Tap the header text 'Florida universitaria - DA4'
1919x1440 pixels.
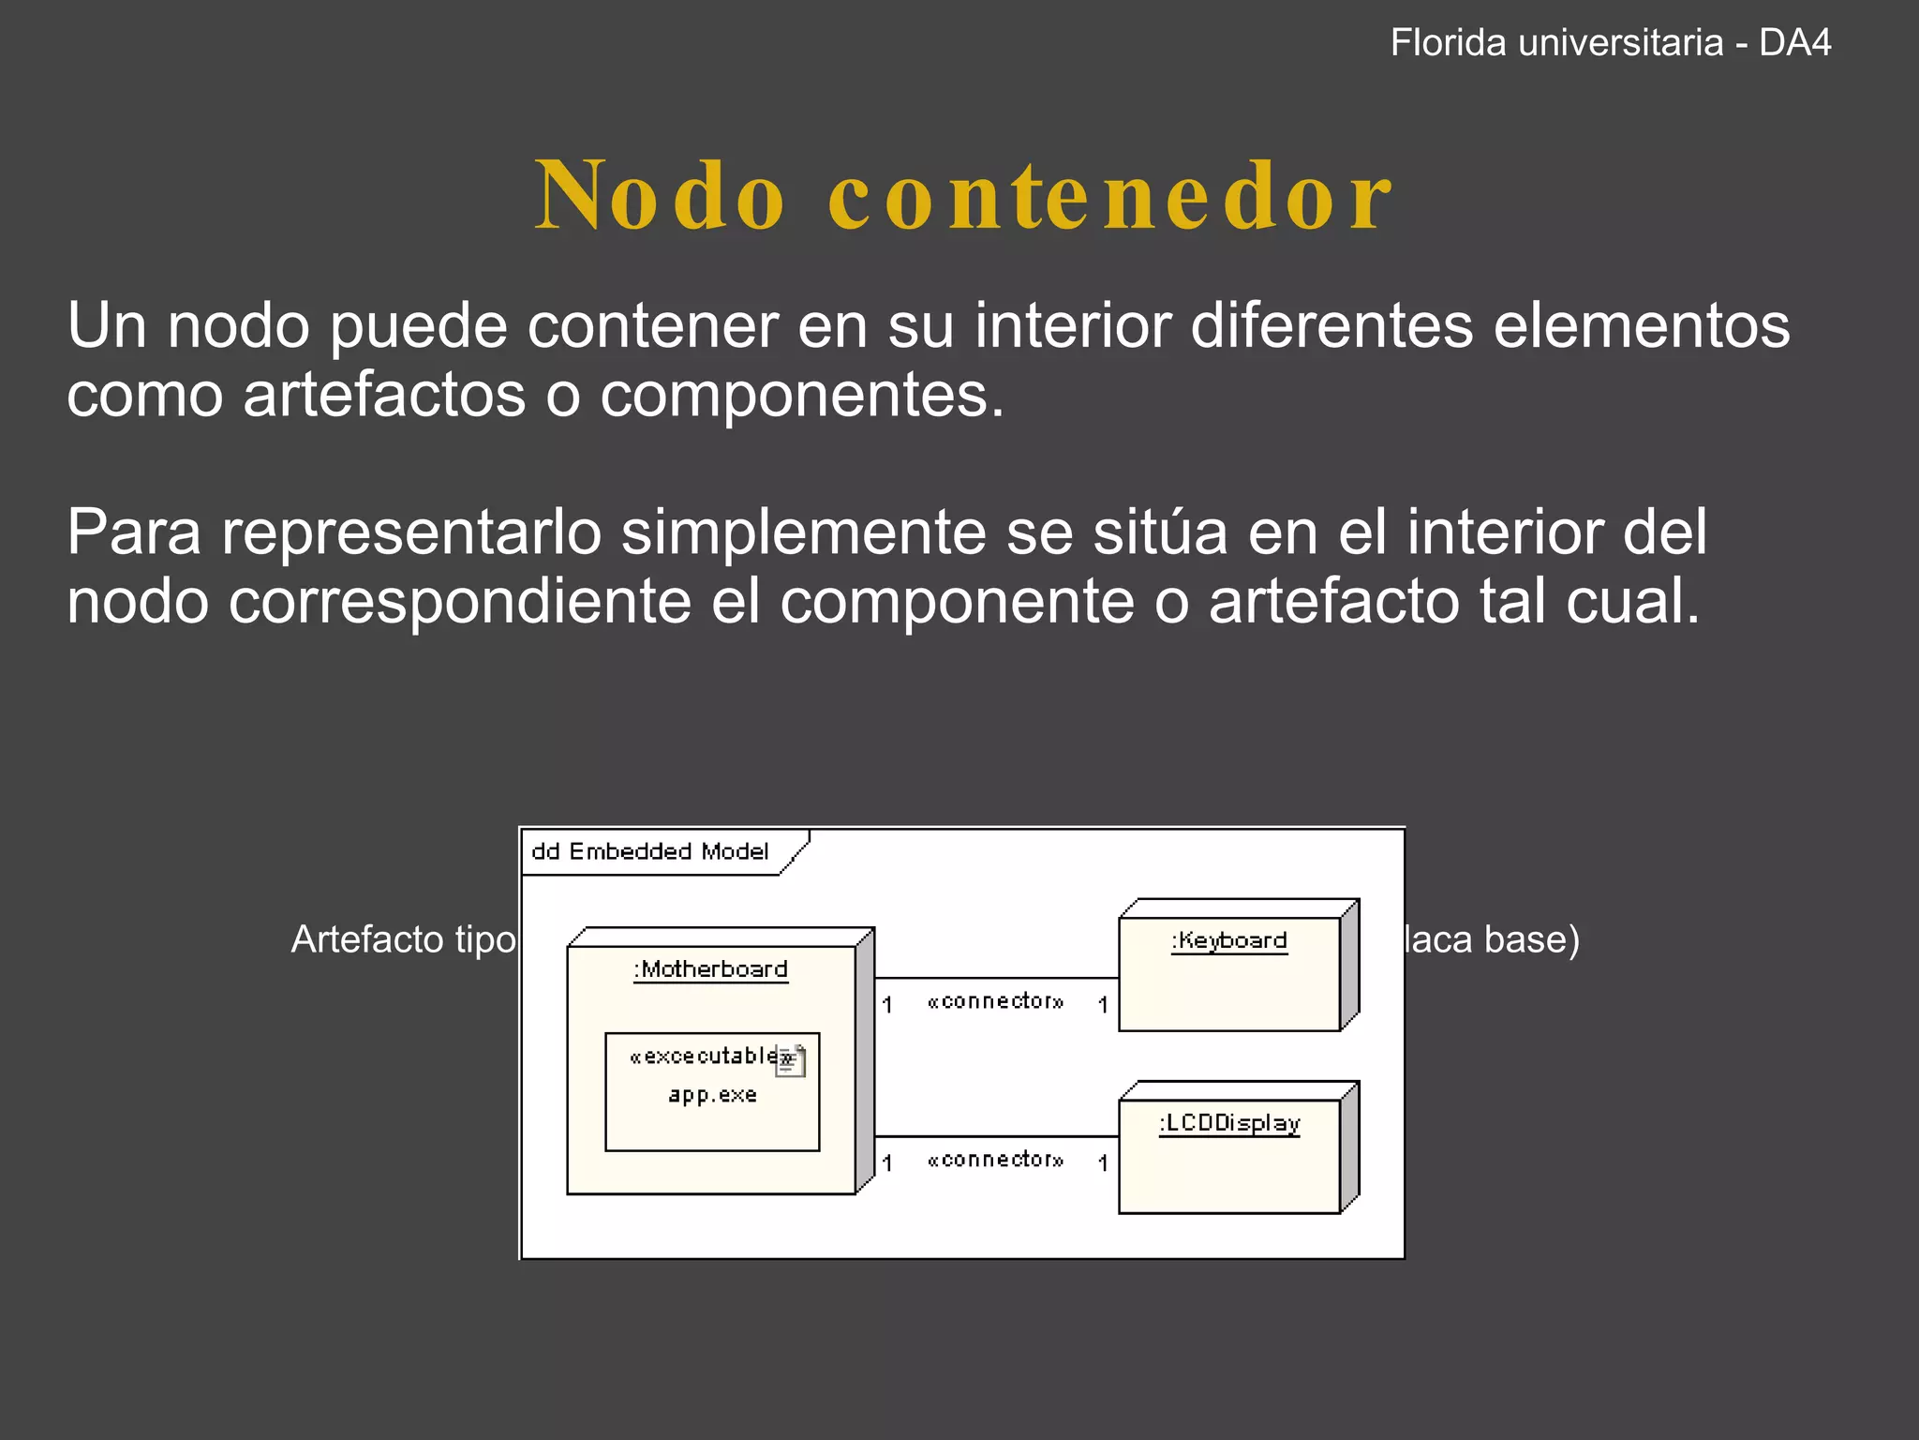point(1610,43)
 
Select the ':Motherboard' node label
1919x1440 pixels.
point(711,969)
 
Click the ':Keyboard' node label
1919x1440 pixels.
point(1229,940)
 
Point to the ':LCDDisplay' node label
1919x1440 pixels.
point(1229,1123)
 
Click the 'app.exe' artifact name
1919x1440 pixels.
point(712,1095)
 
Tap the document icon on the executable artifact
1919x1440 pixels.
point(791,1061)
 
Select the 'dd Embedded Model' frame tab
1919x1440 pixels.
point(650,851)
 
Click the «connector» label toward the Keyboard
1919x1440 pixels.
point(995,1001)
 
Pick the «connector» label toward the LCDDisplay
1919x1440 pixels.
point(995,1160)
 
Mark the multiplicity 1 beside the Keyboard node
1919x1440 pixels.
point(1103,1005)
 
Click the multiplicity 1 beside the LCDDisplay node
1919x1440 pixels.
point(1103,1163)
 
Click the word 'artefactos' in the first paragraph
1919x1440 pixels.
point(384,395)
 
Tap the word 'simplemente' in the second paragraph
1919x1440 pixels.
point(804,532)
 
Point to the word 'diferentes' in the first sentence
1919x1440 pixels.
point(1331,326)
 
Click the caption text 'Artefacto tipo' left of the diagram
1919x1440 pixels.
point(403,939)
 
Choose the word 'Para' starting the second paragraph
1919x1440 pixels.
point(134,532)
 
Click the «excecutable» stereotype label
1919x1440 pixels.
point(705,1057)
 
